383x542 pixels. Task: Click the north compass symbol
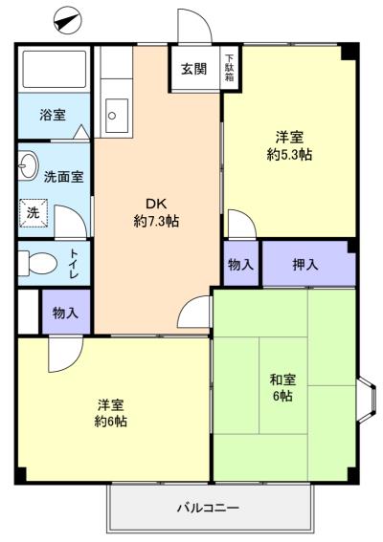[67, 21]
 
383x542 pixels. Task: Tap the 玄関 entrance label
[194, 69]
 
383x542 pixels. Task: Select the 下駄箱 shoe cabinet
[229, 68]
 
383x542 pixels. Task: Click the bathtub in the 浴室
[55, 69]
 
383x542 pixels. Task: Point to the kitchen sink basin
[117, 116]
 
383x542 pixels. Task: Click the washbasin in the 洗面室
[27, 165]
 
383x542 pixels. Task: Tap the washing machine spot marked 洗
[34, 213]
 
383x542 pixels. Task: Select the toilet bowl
[37, 264]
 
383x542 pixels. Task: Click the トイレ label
[74, 264]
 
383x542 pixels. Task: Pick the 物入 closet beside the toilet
[66, 313]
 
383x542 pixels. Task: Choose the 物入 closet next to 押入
[240, 264]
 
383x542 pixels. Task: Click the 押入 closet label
[305, 265]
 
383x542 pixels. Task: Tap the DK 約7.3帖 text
[156, 212]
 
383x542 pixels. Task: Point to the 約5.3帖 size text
[289, 154]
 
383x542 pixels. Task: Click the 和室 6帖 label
[282, 387]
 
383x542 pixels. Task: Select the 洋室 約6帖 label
[111, 413]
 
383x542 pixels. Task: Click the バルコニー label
[208, 509]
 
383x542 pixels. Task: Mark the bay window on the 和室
[367, 400]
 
